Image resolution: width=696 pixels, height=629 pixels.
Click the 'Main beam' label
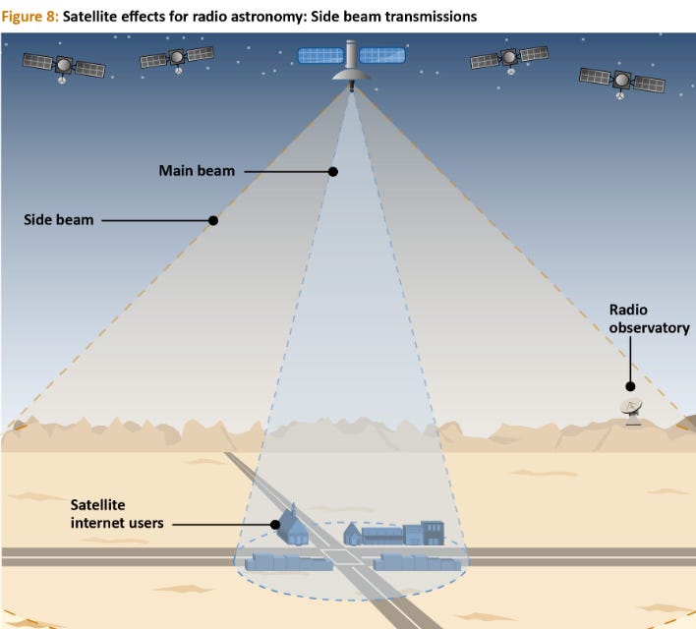tap(197, 171)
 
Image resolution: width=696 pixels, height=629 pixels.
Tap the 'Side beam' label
tap(58, 220)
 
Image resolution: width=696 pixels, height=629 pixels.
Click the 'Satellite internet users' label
tap(116, 514)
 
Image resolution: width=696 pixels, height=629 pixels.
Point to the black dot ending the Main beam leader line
tap(333, 171)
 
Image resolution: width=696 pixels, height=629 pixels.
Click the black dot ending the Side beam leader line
tap(213, 220)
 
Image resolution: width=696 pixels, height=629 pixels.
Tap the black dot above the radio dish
tap(630, 386)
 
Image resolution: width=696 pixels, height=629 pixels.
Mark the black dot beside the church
tap(276, 524)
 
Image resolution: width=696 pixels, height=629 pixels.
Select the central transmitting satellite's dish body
tap(352, 71)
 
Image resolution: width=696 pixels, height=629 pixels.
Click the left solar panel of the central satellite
tap(319, 54)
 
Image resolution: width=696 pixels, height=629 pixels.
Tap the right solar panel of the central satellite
tap(384, 54)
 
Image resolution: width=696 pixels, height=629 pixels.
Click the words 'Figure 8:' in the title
tap(30, 17)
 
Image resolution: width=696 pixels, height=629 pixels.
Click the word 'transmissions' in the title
tap(426, 17)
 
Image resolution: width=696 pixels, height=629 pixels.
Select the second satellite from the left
tap(177, 58)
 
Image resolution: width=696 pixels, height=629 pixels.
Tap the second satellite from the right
tap(509, 58)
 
